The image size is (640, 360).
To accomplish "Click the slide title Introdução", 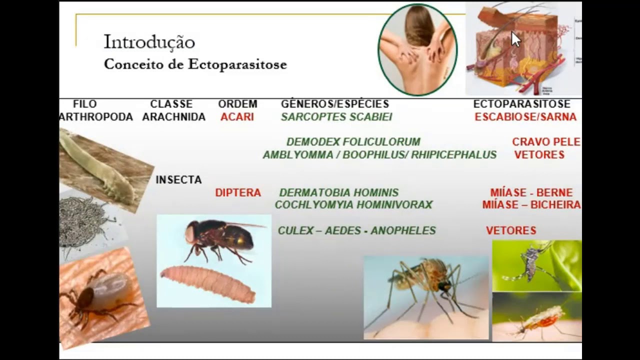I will coord(149,42).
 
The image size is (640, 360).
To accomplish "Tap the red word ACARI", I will coord(237,117).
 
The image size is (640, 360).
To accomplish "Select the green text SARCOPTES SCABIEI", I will coord(336,117).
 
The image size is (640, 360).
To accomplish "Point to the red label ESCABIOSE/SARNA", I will coord(525,117).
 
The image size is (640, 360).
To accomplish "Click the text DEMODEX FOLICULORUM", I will coord(353,142).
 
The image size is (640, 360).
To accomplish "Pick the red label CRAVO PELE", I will coord(546,142).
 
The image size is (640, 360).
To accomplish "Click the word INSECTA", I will coord(178,180).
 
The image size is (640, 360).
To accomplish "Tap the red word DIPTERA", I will coord(238,193).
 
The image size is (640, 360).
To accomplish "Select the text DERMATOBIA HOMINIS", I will coord(338,193).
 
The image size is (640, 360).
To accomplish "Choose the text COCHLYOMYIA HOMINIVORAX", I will coord(353,205).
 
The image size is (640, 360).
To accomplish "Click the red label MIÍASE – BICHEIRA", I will coord(531,205).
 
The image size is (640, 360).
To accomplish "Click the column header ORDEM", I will coord(237,104).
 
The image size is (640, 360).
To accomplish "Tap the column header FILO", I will coord(85,104).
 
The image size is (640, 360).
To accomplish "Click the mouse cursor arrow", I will coord(515,39).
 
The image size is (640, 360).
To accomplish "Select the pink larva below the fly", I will coord(208,283).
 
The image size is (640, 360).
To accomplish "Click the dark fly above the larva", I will coord(220,237).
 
